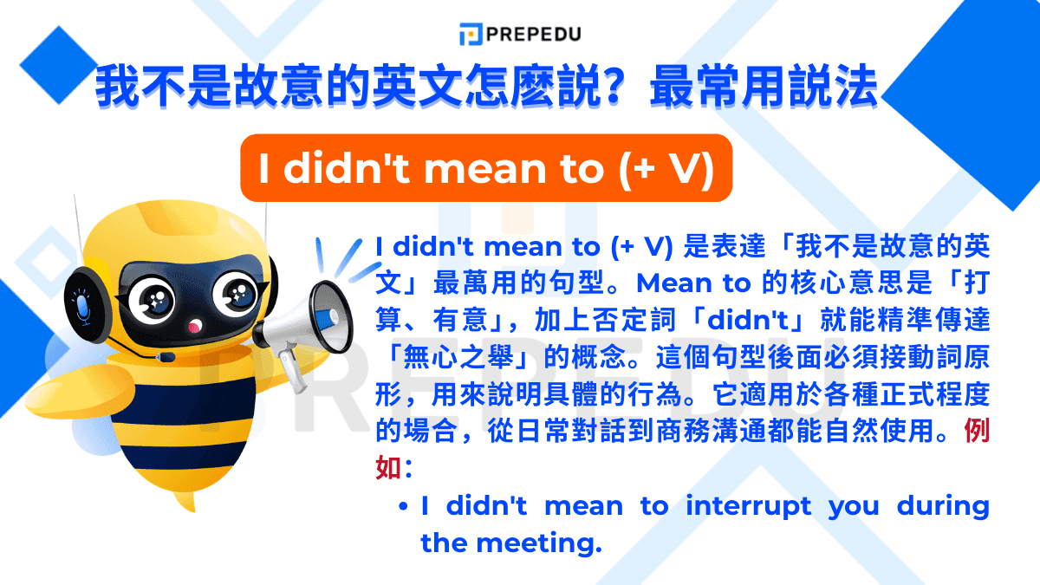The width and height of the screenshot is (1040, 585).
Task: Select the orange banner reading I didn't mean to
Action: point(486,168)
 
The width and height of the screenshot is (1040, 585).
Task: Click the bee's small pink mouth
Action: point(196,327)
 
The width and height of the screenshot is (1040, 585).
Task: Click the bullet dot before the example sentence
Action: point(404,506)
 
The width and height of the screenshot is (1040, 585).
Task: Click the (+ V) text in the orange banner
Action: point(667,168)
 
